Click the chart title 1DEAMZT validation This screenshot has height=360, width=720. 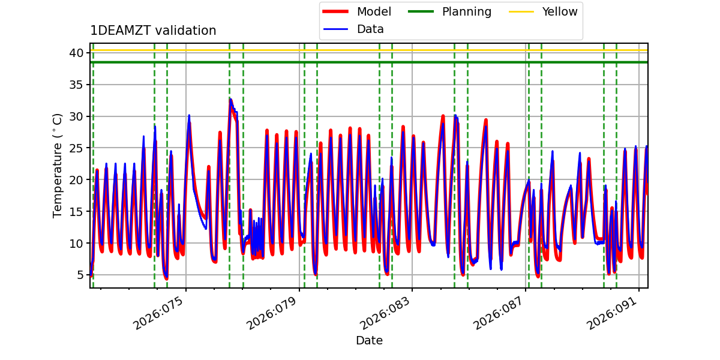[153, 31]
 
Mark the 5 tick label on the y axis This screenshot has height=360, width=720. [78, 275]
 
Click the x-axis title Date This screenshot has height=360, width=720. [369, 341]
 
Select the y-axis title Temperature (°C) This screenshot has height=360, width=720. [58, 165]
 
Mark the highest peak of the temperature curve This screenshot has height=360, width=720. [230, 99]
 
